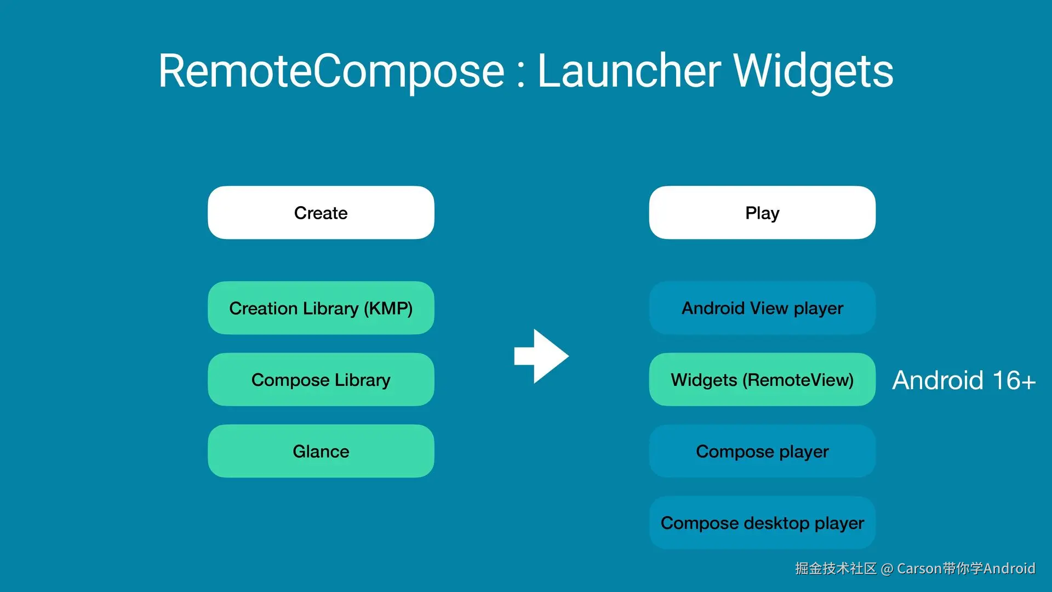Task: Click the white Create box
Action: point(321,213)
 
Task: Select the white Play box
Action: point(762,213)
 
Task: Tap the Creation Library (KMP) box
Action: point(321,308)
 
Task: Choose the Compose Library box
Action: point(321,379)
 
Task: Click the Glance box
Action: point(321,451)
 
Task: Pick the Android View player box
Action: point(762,308)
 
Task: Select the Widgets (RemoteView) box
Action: point(762,379)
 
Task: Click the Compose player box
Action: point(762,451)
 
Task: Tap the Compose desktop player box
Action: point(762,523)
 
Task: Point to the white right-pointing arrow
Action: point(541,356)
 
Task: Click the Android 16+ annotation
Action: point(964,380)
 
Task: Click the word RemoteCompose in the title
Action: point(331,71)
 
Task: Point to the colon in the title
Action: point(521,76)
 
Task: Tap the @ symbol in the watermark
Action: point(887,570)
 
